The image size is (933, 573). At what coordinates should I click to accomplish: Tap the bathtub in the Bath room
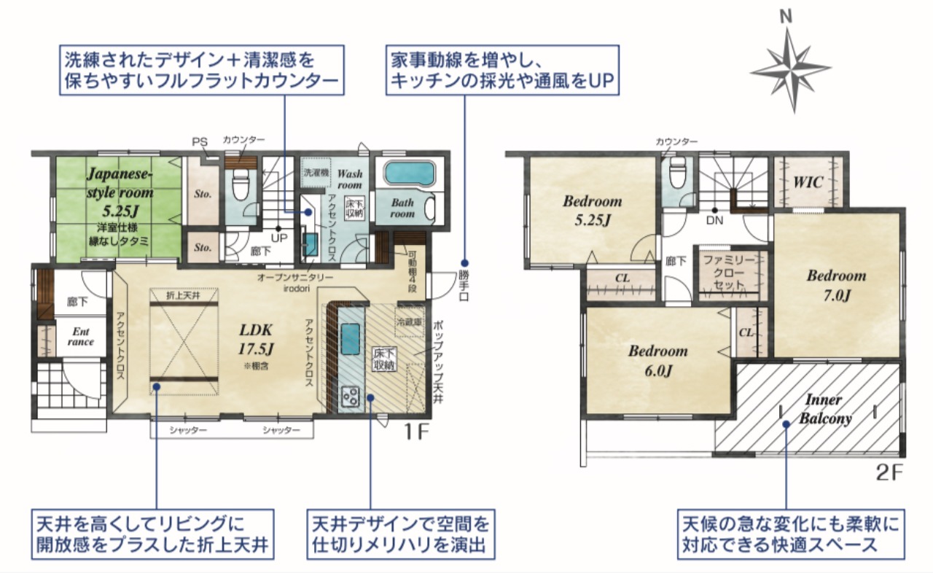pos(409,173)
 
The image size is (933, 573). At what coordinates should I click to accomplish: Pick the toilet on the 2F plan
pos(678,174)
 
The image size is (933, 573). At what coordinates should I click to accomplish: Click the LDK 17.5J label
pos(256,340)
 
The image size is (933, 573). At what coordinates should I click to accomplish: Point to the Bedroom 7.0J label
pos(836,285)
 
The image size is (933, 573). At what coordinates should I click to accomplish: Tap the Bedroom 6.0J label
pos(658,361)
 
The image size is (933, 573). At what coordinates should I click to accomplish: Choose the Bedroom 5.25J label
pos(593,210)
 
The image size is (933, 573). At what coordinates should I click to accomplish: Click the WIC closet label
pos(808,182)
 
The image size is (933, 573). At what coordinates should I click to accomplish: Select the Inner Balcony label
pos(825,410)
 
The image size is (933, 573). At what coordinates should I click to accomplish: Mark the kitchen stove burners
pos(351,397)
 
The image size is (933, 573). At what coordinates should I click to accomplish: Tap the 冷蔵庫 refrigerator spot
pos(410,321)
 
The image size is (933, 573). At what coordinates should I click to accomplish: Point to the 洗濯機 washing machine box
pos(316,172)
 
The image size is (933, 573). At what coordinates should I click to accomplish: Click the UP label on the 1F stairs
pos(279,238)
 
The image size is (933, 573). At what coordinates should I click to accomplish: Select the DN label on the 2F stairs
pos(715,220)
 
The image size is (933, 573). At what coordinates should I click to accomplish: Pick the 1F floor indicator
pos(416,432)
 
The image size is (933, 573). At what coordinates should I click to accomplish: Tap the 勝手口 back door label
pos(464,286)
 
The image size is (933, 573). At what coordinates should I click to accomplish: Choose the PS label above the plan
pos(200,142)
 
